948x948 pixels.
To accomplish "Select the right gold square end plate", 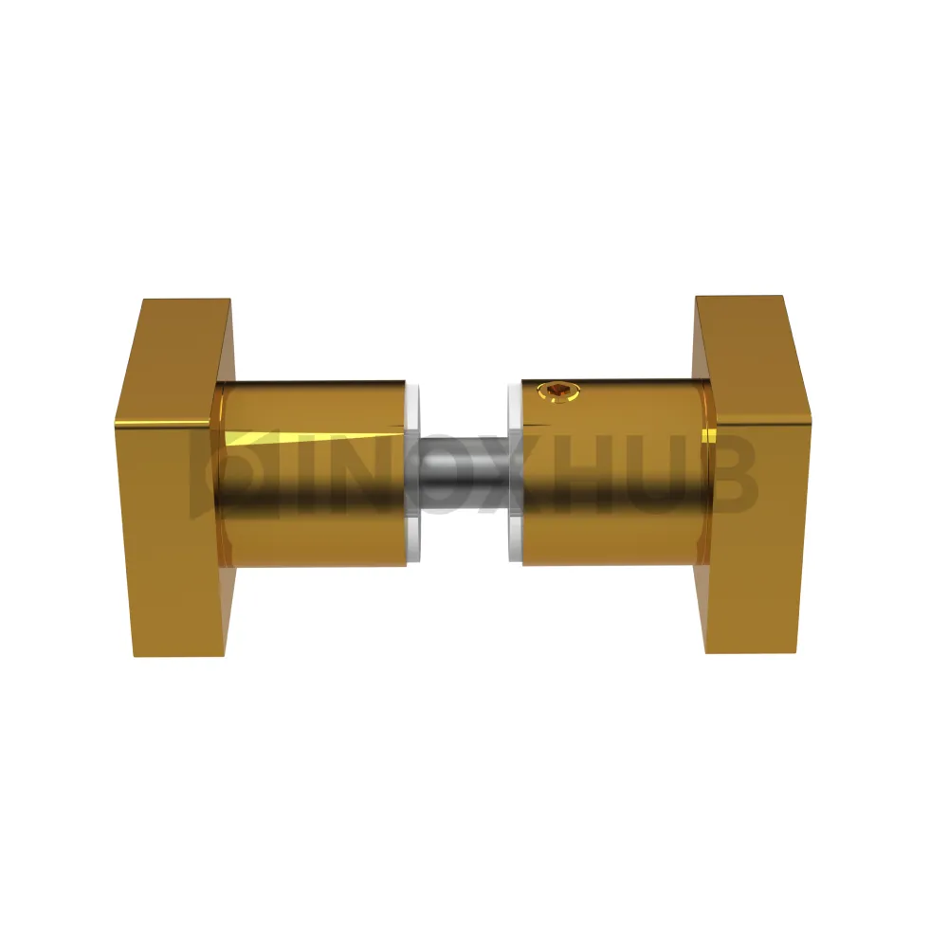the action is [x=757, y=478].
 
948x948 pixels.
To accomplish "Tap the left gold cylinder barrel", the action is [x=310, y=474].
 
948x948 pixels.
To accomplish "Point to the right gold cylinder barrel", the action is [x=613, y=473].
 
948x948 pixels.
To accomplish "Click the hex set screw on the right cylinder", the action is [x=557, y=391].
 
